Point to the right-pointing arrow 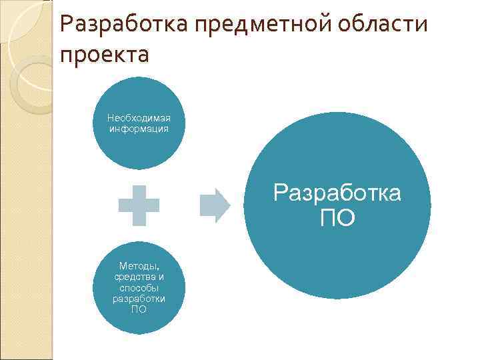tap(215, 205)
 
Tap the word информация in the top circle tap(139, 128)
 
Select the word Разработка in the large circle tap(337, 193)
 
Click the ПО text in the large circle tap(337, 217)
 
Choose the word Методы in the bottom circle tap(139, 266)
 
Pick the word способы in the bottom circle tap(139, 287)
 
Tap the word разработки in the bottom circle tap(139, 298)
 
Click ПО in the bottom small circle tap(139, 309)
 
